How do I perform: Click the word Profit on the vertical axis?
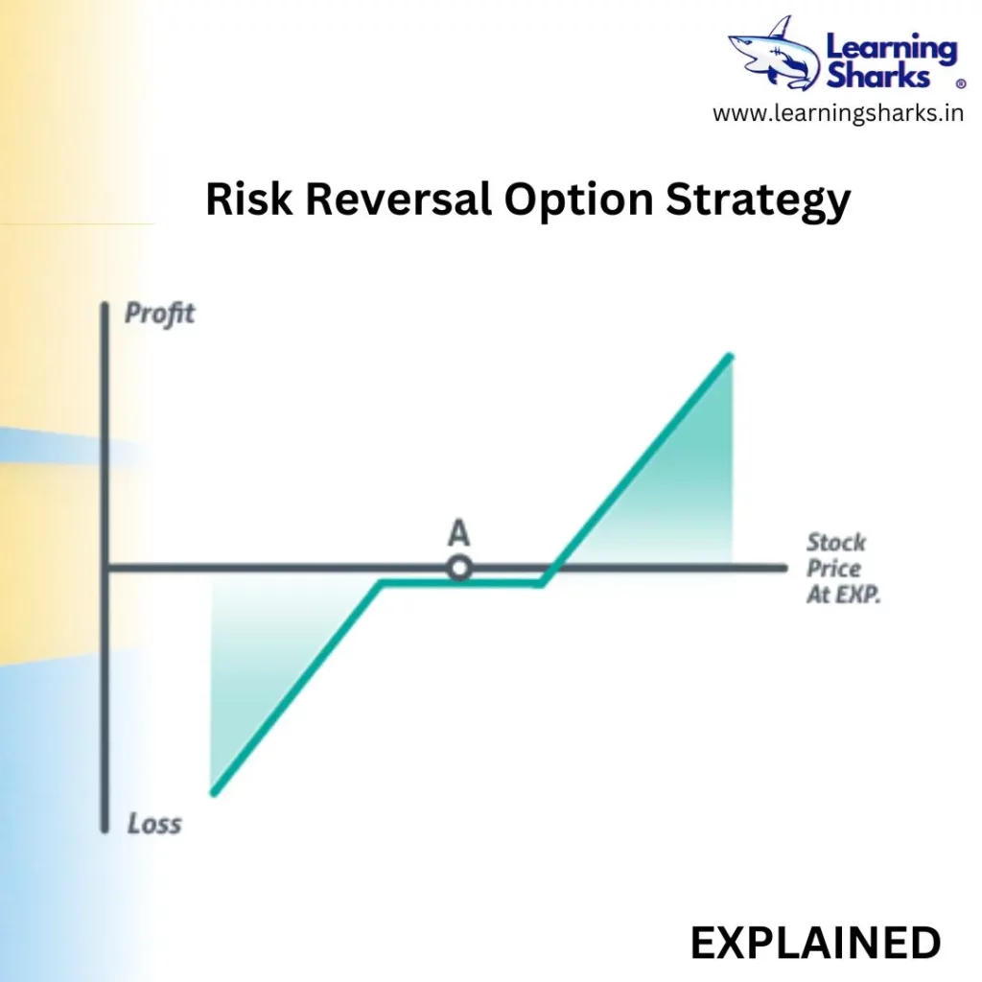[160, 314]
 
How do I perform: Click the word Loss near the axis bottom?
[154, 824]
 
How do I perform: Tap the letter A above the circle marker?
[458, 533]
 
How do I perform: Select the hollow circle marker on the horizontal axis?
[459, 569]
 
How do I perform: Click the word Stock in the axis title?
[836, 543]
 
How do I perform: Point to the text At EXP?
[843, 595]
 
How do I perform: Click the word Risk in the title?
[248, 199]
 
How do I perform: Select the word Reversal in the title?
[398, 199]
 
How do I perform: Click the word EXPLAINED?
[815, 943]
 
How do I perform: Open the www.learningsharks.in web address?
[838, 113]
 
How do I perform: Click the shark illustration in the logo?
[774, 54]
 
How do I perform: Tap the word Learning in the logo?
[892, 49]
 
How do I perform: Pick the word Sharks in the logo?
[878, 76]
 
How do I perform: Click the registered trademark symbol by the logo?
[961, 83]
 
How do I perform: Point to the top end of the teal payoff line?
[730, 357]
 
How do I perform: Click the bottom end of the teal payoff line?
[214, 793]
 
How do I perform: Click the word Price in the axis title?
[833, 569]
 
